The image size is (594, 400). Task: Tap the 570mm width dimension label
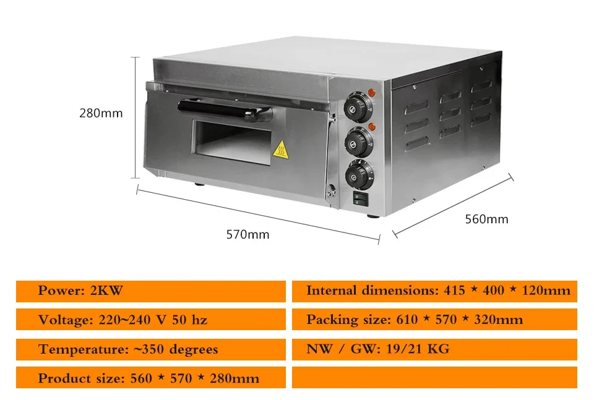[247, 234]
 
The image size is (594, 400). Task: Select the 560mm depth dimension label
[486, 219]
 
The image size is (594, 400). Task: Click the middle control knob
[359, 141]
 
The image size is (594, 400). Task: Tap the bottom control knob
[361, 175]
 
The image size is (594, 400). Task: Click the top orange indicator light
[371, 93]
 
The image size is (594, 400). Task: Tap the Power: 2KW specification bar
[150, 291]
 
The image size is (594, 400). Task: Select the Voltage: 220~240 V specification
[150, 320]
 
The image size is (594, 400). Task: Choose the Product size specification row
[150, 378]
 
